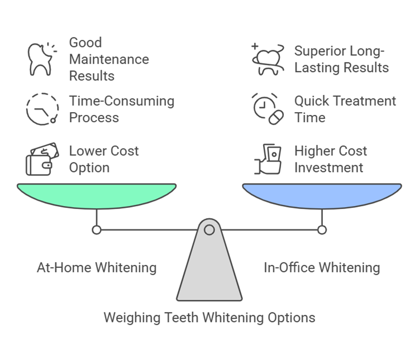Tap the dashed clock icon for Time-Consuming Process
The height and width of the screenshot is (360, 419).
click(42, 109)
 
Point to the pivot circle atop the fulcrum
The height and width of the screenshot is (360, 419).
click(209, 229)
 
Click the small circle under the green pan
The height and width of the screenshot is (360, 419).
click(97, 229)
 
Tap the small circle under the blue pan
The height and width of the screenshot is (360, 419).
click(322, 229)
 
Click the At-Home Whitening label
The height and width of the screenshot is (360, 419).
click(97, 267)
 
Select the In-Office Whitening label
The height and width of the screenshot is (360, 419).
click(322, 267)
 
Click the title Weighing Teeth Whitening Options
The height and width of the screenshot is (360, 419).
click(209, 318)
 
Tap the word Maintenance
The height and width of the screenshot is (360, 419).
click(109, 59)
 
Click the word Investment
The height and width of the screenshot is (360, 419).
click(329, 167)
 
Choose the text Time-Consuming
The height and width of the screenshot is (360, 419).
click(122, 101)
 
